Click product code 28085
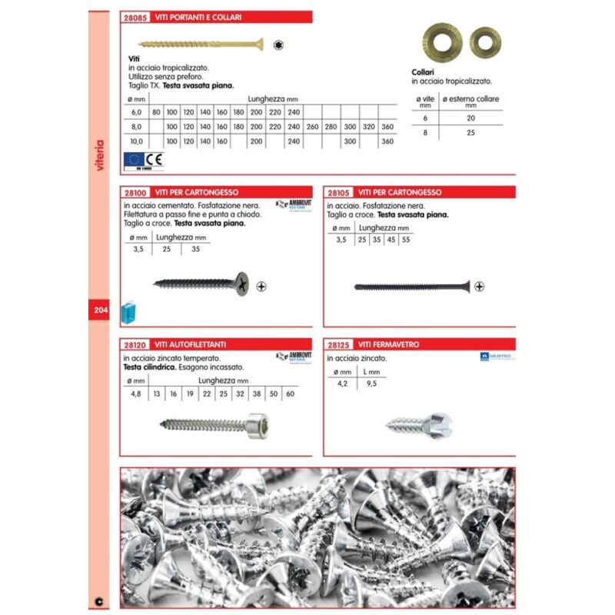137,17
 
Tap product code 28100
137,192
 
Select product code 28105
341,192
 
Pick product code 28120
137,345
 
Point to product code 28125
341,345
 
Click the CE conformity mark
153,160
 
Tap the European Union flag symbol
132,160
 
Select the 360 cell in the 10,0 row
387,141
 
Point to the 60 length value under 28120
290,394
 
